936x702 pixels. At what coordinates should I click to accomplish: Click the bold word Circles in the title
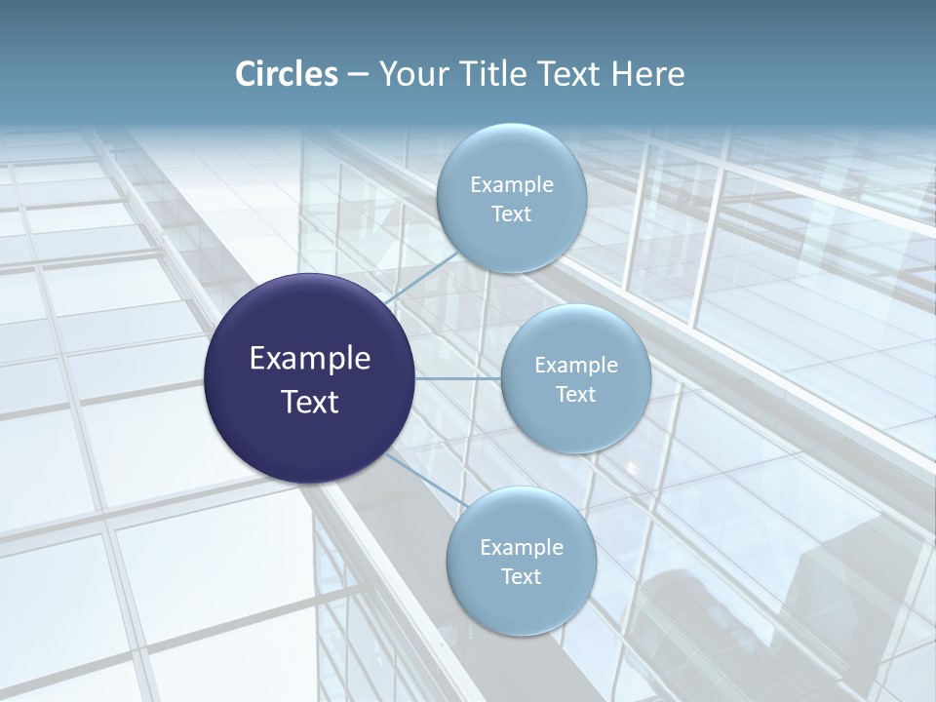coord(287,74)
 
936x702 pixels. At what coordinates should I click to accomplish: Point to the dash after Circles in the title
coord(358,75)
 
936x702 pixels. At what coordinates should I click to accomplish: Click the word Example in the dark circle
coord(310,359)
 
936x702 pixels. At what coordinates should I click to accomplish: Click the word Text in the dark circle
coord(310,402)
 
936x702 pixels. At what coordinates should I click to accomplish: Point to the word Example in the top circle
coord(512,185)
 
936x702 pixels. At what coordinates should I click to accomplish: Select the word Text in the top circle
coord(511,214)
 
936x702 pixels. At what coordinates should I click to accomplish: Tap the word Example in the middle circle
coord(576,366)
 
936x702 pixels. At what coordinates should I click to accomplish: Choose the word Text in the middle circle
coord(575,395)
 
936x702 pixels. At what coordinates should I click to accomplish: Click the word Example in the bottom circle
coord(522,548)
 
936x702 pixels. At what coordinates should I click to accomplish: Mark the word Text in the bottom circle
coord(521,577)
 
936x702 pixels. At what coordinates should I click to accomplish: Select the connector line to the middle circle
coord(457,378)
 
